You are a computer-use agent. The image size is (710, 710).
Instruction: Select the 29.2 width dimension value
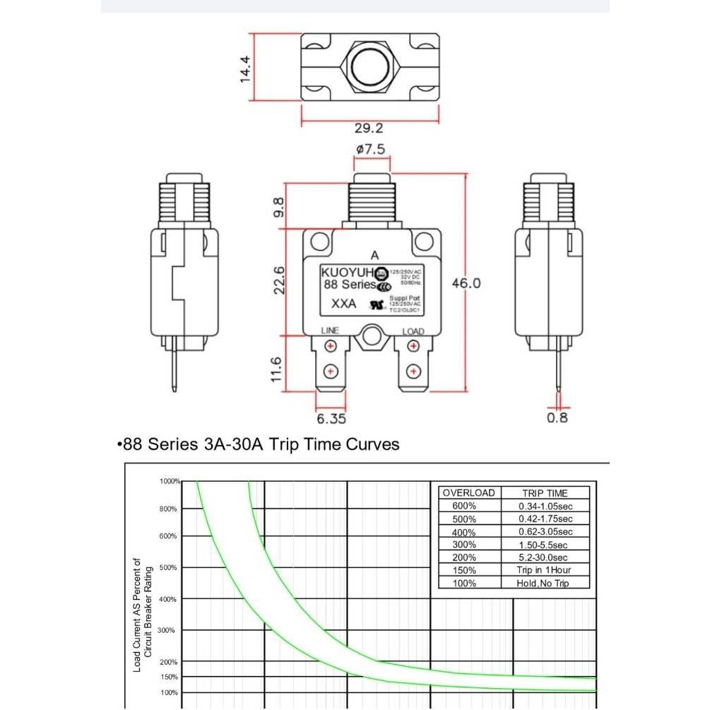369,128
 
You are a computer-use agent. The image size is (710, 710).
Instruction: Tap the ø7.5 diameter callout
371,150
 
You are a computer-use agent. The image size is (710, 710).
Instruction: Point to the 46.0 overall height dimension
466,283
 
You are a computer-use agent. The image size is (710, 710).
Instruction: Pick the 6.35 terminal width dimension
331,418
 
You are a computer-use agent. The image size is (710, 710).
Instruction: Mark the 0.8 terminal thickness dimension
557,417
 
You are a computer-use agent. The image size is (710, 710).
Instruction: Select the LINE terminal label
330,331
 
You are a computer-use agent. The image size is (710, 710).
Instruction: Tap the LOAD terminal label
413,331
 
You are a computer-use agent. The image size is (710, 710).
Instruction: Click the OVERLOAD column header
468,492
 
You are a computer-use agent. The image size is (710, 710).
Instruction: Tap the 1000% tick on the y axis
170,481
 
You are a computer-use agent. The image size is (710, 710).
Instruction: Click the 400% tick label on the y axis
167,599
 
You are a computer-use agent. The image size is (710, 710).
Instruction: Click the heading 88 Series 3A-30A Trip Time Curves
258,444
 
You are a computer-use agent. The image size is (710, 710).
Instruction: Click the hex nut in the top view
370,67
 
